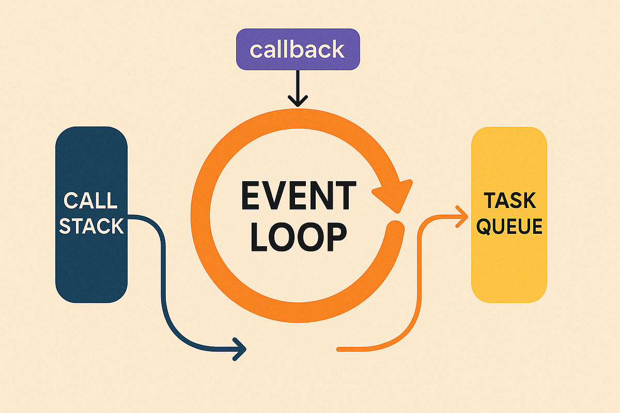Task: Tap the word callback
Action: (297, 50)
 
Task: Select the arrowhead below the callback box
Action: (297, 101)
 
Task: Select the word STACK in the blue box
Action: (91, 226)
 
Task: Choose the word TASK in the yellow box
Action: (509, 200)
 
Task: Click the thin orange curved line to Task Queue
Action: (417, 289)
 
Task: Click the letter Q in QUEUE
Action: (484, 227)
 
